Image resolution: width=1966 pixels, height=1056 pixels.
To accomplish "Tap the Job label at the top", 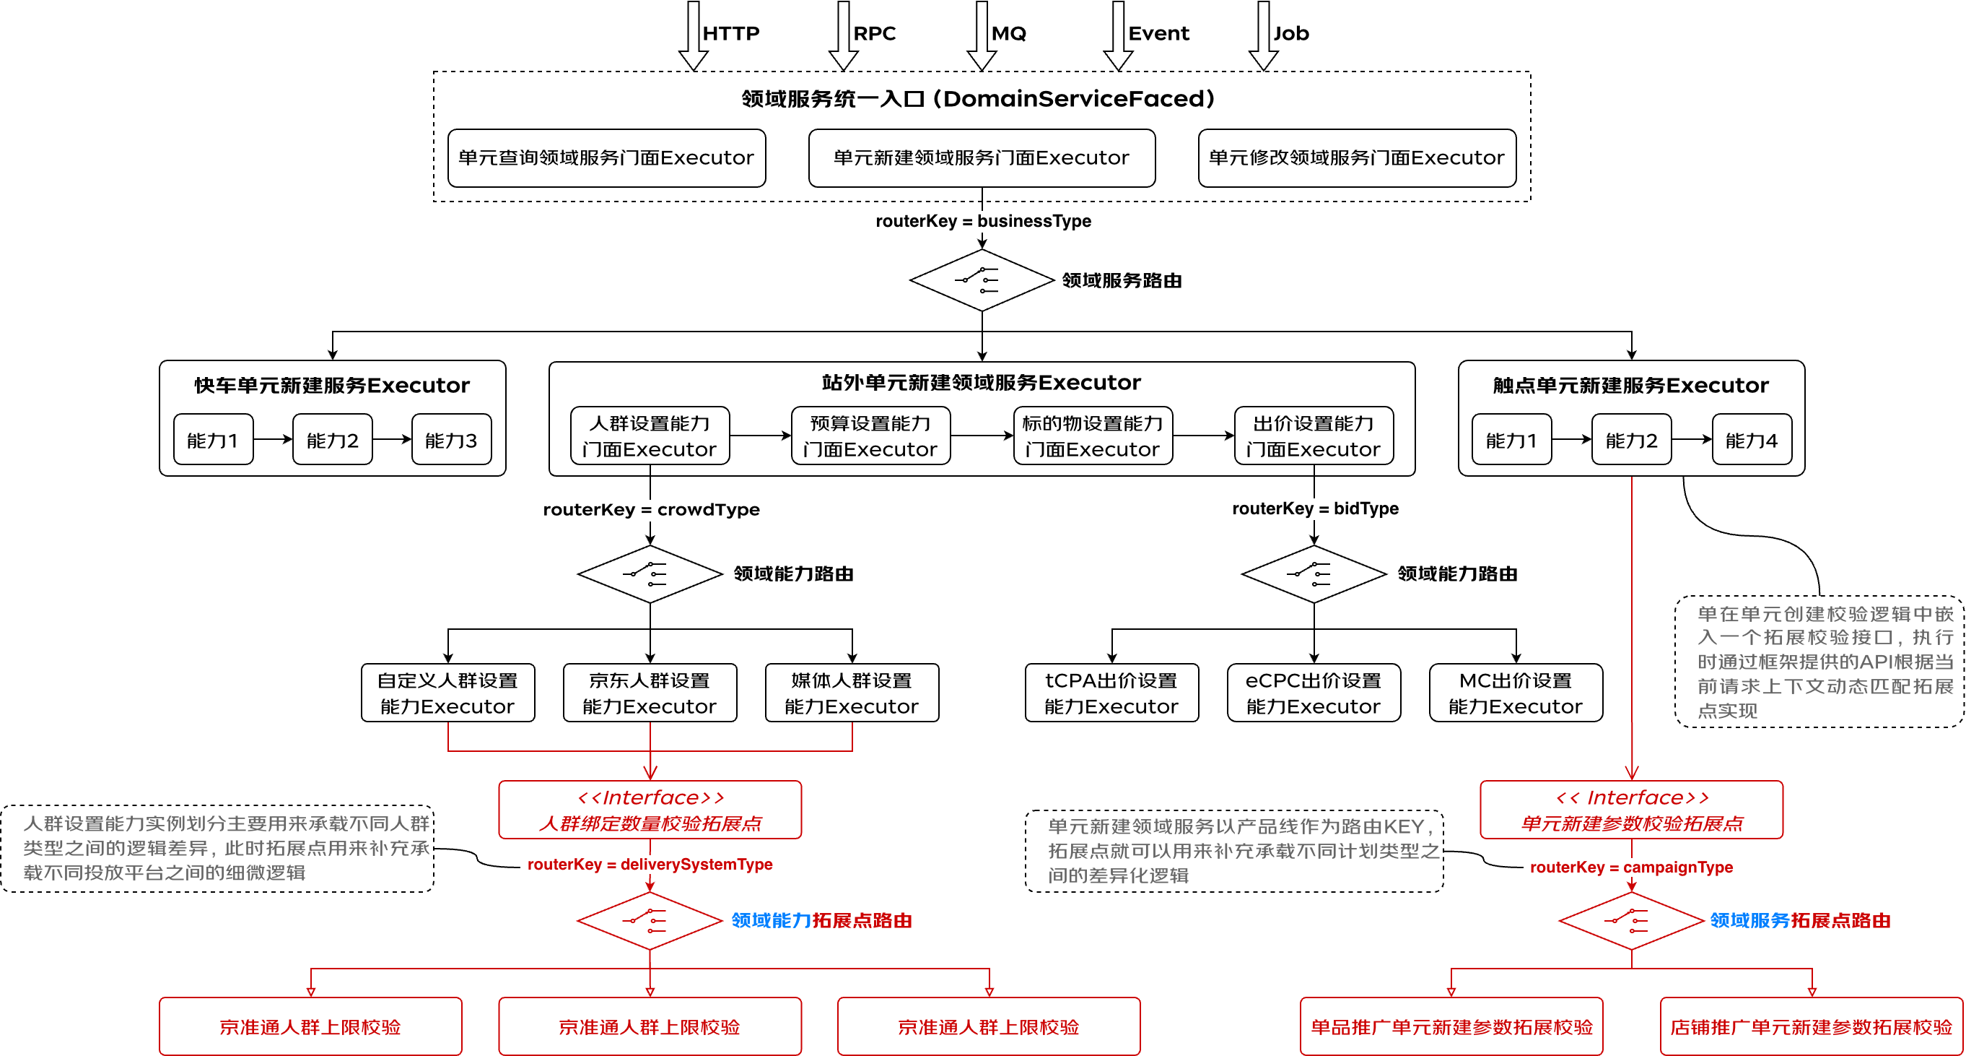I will (1290, 34).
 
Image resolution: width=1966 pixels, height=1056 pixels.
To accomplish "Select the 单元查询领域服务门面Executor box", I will (606, 158).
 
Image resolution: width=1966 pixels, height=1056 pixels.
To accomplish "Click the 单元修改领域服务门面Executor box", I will (1356, 158).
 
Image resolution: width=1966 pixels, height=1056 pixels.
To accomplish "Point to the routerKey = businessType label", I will (983, 222).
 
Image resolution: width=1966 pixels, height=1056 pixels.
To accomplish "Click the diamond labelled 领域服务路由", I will (982, 280).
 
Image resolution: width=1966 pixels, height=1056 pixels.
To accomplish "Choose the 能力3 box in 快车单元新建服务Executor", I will (451, 440).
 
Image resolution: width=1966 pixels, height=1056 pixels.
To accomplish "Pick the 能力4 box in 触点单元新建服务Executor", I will (1751, 440).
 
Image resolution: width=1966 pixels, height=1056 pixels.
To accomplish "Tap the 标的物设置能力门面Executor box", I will (1092, 436).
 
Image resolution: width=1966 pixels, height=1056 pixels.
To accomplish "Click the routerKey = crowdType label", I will (651, 509).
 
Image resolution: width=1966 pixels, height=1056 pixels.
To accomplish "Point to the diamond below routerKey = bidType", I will (1314, 574).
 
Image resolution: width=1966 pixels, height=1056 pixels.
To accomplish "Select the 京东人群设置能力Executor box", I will (650, 693).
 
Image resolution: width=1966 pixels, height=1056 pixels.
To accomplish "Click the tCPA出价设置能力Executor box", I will (1111, 693).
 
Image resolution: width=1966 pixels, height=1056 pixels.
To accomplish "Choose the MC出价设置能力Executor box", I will (1515, 693).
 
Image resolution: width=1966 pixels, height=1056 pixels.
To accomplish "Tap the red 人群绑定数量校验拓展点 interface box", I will (650, 810).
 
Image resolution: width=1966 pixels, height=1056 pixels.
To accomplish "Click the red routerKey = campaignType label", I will (1631, 867).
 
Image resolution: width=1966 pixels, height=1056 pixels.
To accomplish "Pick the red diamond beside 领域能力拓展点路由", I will (650, 920).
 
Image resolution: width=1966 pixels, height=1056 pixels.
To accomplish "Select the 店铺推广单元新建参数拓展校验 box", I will (1810, 1026).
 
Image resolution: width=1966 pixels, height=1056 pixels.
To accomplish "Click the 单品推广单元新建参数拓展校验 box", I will (1451, 1026).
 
